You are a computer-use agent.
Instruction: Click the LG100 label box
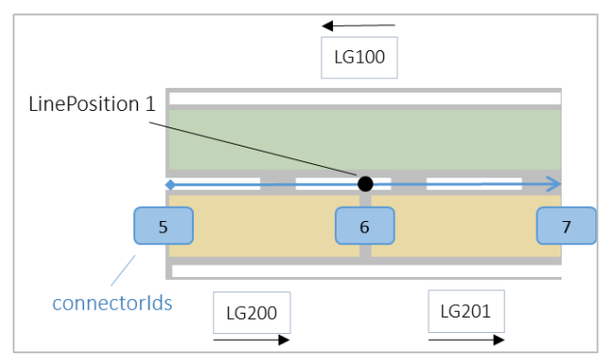(x=359, y=57)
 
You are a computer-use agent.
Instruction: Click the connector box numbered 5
(x=163, y=228)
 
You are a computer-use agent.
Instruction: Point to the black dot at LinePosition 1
(x=365, y=183)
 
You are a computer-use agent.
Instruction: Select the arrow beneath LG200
(x=250, y=340)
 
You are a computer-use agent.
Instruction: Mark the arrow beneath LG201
(x=465, y=340)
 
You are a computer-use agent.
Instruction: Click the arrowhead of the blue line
(x=554, y=183)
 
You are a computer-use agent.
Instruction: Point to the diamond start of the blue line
(x=170, y=183)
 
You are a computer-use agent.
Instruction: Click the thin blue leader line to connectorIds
(x=124, y=271)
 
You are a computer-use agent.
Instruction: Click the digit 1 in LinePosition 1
(x=150, y=104)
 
